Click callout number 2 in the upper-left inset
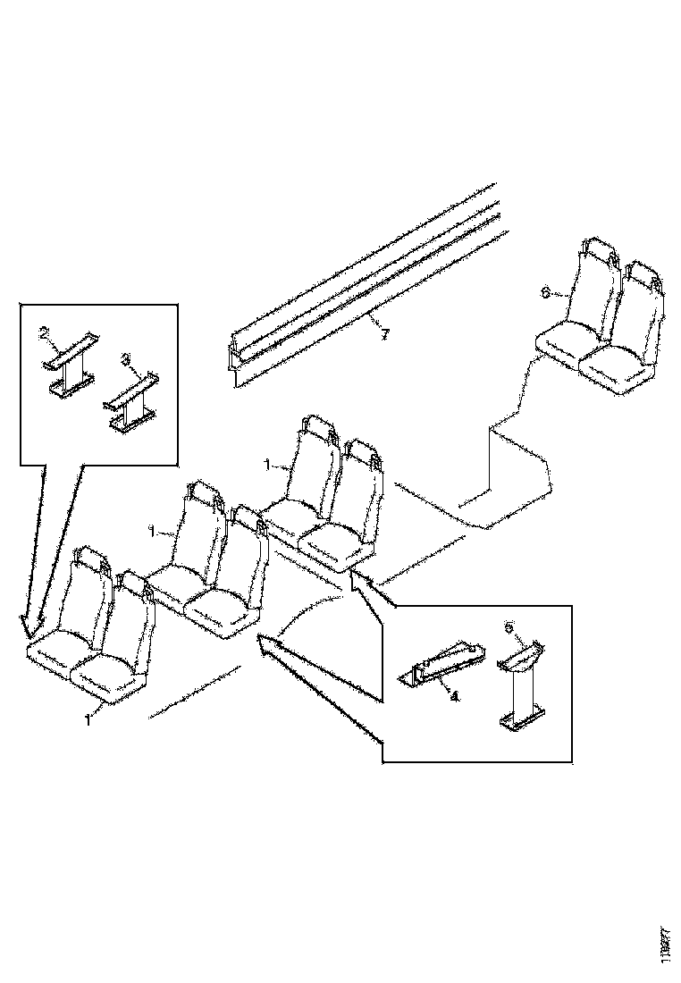point(44,334)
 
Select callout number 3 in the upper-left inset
point(126,358)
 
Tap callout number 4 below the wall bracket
point(455,698)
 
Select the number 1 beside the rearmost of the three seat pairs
point(265,466)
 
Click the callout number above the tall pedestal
point(509,627)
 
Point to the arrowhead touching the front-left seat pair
point(27,626)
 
